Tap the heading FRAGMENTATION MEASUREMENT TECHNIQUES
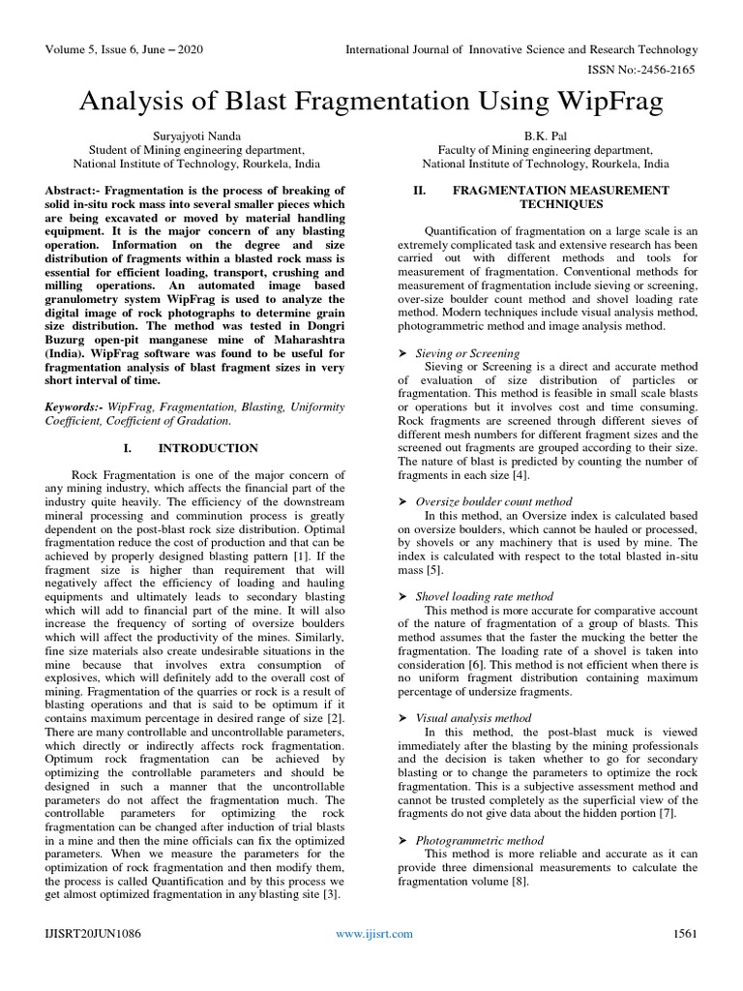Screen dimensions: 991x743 [x=560, y=197]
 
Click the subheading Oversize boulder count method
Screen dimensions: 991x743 [x=493, y=501]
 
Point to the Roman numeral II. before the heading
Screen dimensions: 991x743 [x=420, y=191]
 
